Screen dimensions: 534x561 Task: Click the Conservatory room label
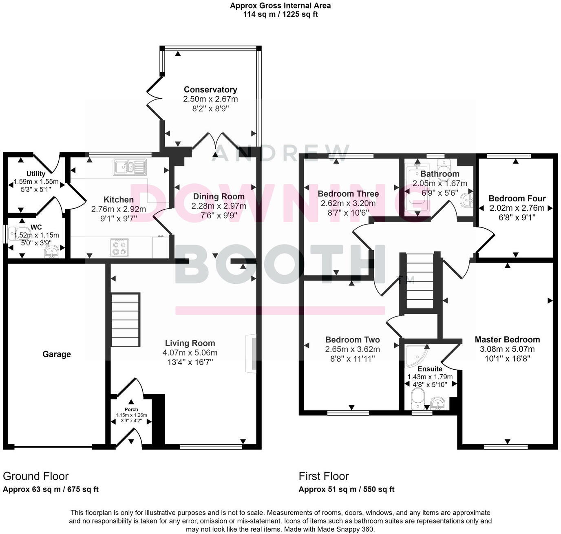pos(210,89)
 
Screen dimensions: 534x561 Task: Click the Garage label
pos(57,354)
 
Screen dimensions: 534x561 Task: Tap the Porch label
pos(131,409)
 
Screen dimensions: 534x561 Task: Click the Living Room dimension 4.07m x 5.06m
pos(190,353)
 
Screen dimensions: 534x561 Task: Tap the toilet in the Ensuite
pos(417,398)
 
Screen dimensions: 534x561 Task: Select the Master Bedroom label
pos(507,340)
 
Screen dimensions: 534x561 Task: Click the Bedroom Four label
pos(517,199)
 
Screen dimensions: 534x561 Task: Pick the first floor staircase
pos(420,282)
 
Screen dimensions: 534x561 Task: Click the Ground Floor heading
pos(36,476)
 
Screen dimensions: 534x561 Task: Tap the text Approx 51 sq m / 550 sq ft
pos(346,489)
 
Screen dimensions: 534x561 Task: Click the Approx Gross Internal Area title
pos(280,6)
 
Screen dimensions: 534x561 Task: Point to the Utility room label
pos(36,174)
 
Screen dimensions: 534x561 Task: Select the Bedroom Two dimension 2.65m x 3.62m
pos(352,349)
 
